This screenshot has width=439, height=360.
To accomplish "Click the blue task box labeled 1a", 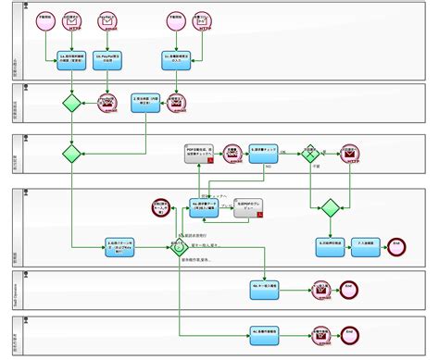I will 71,61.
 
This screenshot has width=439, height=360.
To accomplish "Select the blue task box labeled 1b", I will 108,61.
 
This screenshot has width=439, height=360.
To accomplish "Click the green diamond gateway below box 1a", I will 71,103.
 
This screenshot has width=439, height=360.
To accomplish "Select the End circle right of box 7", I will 396,245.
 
